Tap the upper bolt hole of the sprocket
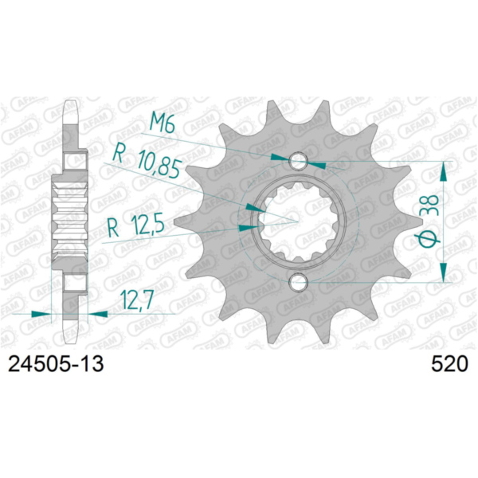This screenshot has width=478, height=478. (x=298, y=162)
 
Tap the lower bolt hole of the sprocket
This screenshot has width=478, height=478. (x=298, y=281)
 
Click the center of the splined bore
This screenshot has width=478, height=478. (x=298, y=221)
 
